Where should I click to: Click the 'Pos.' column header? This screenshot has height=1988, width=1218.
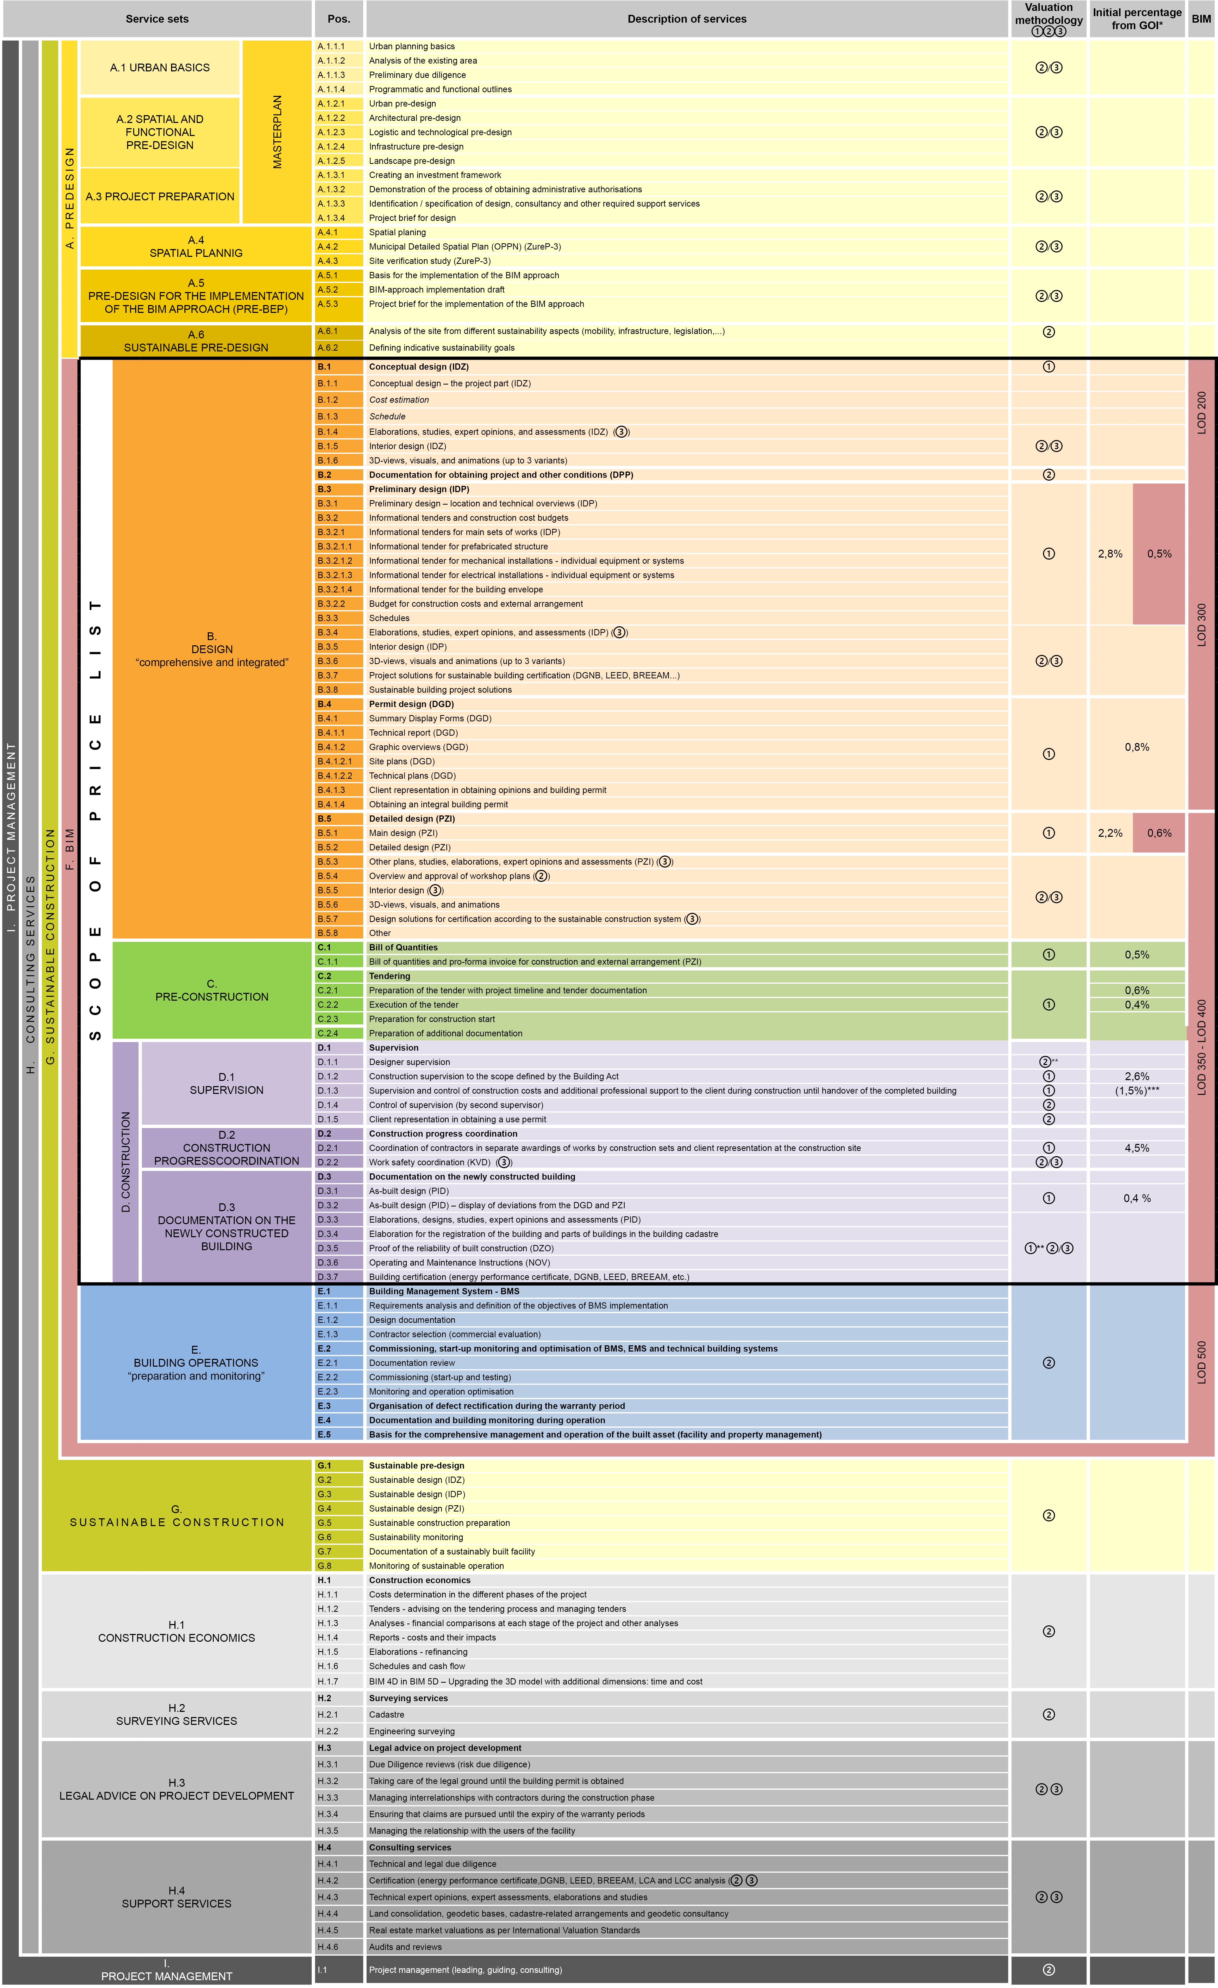pyautogui.click(x=339, y=18)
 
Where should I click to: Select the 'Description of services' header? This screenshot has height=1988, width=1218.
pyautogui.click(x=686, y=18)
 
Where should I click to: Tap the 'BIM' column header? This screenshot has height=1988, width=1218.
pyautogui.click(x=1201, y=18)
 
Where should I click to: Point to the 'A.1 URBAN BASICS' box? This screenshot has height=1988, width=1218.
pyautogui.click(x=160, y=68)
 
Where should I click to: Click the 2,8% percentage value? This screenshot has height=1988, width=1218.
pyautogui.click(x=1110, y=554)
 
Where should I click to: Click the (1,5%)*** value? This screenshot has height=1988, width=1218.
pyautogui.click(x=1137, y=1091)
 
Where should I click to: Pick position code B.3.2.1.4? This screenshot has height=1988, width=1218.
pyautogui.click(x=335, y=590)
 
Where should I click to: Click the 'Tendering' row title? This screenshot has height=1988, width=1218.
pyautogui.click(x=390, y=976)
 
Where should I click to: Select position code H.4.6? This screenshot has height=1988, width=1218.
pyautogui.click(x=328, y=1947)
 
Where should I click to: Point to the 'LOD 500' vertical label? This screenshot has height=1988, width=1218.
pyautogui.click(x=1201, y=1363)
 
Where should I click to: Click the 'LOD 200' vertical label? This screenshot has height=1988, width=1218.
pyautogui.click(x=1201, y=413)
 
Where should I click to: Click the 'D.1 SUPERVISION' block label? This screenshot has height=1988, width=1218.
pyautogui.click(x=227, y=1083)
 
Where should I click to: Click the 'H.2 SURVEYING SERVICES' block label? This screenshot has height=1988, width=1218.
pyautogui.click(x=177, y=1714)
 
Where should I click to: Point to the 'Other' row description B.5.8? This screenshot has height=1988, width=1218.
pyautogui.click(x=380, y=933)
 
